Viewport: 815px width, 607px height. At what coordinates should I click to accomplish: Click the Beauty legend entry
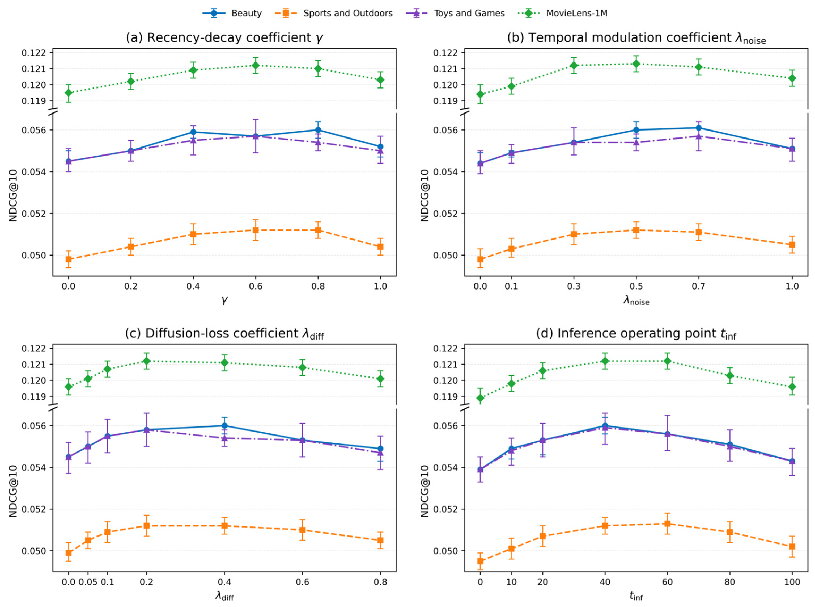coord(232,14)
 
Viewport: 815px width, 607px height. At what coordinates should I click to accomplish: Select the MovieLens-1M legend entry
coord(562,14)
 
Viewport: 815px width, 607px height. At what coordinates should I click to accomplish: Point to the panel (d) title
coord(636,334)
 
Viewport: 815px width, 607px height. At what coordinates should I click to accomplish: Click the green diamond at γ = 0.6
coord(256,65)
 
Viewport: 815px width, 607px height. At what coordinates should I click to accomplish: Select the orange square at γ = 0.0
coord(68,259)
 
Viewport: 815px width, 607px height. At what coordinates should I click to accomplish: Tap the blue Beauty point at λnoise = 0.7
coord(698,128)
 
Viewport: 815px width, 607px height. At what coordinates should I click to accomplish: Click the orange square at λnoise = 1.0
coord(792,245)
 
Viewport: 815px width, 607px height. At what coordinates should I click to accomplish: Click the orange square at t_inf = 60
coord(667,524)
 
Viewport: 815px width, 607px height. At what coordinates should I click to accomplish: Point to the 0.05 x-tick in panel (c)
coord(88,582)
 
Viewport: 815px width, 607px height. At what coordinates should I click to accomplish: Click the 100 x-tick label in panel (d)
coord(792,582)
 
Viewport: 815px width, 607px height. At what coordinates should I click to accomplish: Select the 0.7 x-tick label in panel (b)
coord(698,286)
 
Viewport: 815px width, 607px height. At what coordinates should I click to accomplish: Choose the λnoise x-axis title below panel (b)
coord(636,301)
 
